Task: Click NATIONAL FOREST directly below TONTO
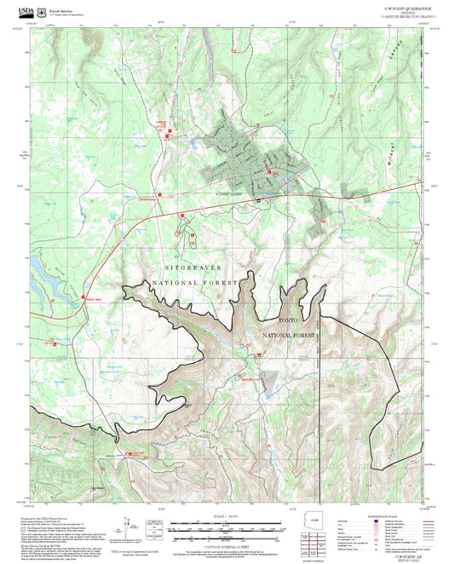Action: [x=289, y=337]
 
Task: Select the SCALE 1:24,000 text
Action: [x=226, y=516]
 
